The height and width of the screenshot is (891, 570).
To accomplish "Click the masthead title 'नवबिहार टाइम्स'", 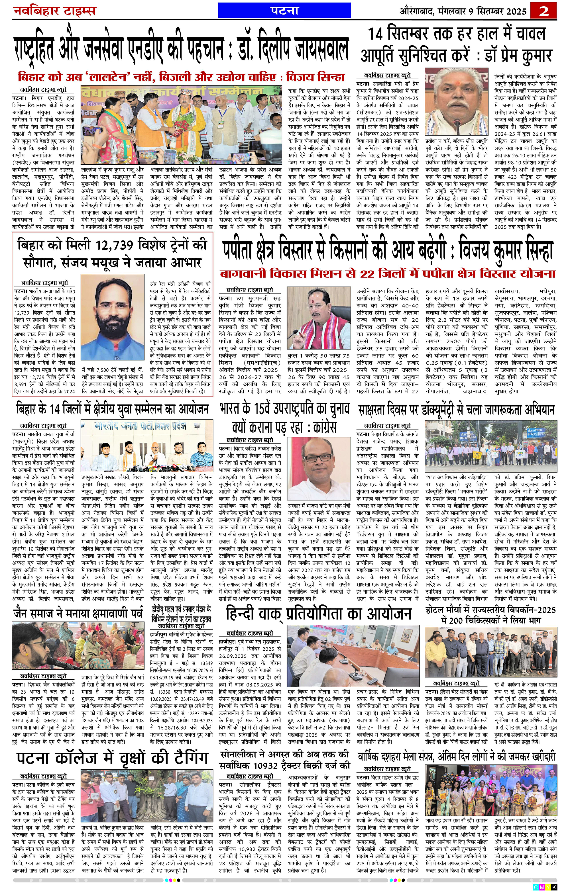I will [x=55, y=11].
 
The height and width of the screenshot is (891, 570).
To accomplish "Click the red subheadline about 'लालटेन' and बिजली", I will [x=181, y=77].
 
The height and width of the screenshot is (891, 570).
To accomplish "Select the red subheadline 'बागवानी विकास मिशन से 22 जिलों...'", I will [x=388, y=274].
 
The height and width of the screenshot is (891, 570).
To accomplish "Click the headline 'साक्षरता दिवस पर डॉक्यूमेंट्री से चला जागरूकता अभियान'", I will [x=456, y=410].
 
